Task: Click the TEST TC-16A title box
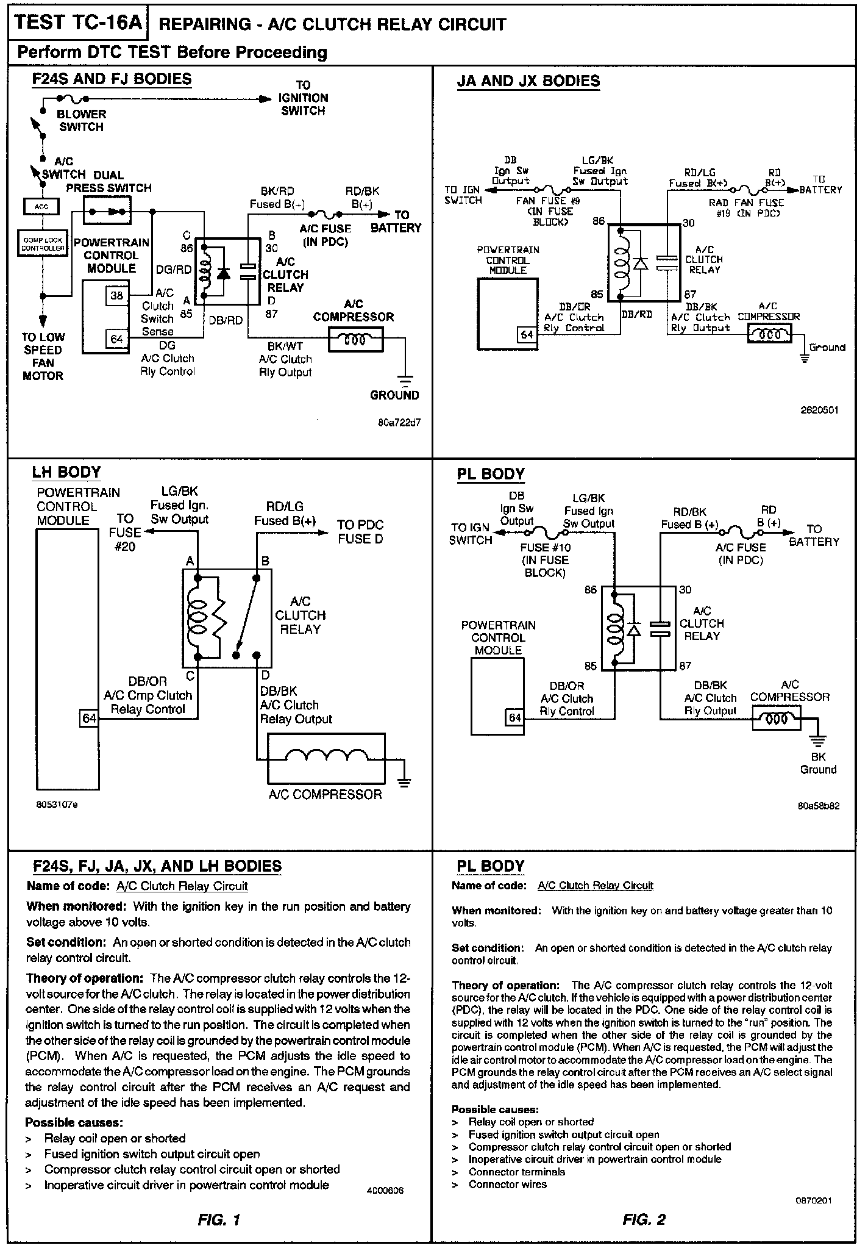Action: coord(77,23)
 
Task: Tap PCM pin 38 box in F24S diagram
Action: coord(116,296)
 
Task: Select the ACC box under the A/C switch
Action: coord(41,207)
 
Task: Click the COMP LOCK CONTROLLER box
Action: coord(43,245)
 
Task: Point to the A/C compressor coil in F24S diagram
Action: coord(356,339)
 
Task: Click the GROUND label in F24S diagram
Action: coord(394,395)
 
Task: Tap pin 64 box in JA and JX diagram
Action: coord(527,334)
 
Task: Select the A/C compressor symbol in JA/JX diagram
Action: coord(769,334)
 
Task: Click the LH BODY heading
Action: coord(66,472)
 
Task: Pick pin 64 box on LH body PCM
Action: coord(90,719)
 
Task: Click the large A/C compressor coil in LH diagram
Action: coord(327,758)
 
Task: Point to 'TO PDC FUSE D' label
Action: coord(360,531)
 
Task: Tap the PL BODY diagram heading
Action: coord(491,474)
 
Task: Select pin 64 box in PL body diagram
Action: coord(515,717)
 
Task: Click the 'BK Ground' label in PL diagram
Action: coord(818,763)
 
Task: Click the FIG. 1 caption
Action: coord(219,1219)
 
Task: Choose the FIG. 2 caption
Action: coord(644,1219)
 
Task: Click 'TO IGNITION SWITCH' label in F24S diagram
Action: coord(303,98)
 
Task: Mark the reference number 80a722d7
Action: coord(399,421)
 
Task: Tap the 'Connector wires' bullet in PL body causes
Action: coord(507,1184)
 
